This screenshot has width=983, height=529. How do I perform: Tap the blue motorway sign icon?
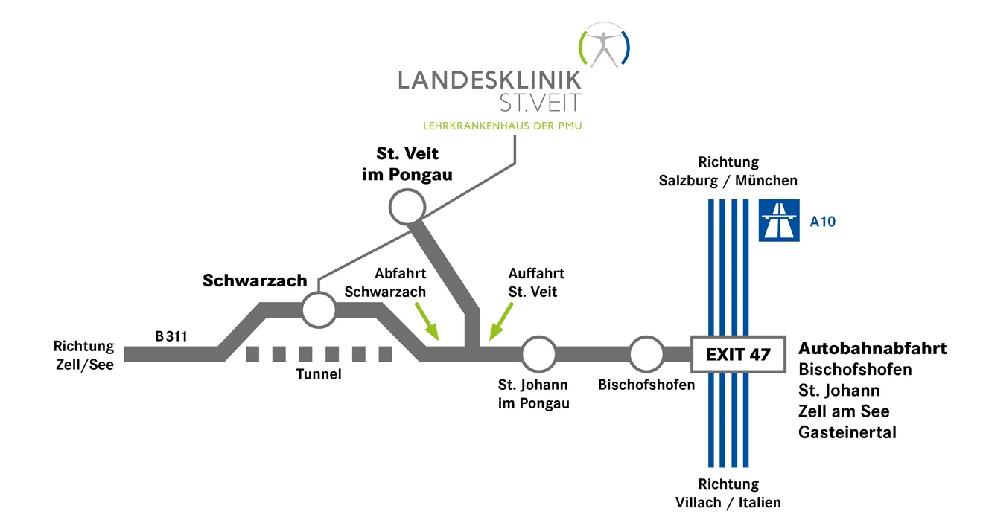click(x=779, y=220)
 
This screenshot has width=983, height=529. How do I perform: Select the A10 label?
click(x=822, y=222)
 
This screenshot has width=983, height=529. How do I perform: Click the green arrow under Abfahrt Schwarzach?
click(x=427, y=321)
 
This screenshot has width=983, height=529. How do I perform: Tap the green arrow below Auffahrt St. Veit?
click(x=500, y=321)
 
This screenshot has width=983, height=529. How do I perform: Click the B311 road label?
click(x=171, y=336)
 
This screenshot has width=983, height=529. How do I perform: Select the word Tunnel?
click(x=319, y=373)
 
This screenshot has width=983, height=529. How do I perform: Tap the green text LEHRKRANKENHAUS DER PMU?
click(x=503, y=126)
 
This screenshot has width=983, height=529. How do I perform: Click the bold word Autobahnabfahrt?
click(x=873, y=349)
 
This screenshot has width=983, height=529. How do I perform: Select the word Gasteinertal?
click(x=847, y=432)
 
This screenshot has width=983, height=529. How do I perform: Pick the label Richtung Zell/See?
click(x=84, y=356)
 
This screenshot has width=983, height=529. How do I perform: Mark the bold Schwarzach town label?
click(x=255, y=280)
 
